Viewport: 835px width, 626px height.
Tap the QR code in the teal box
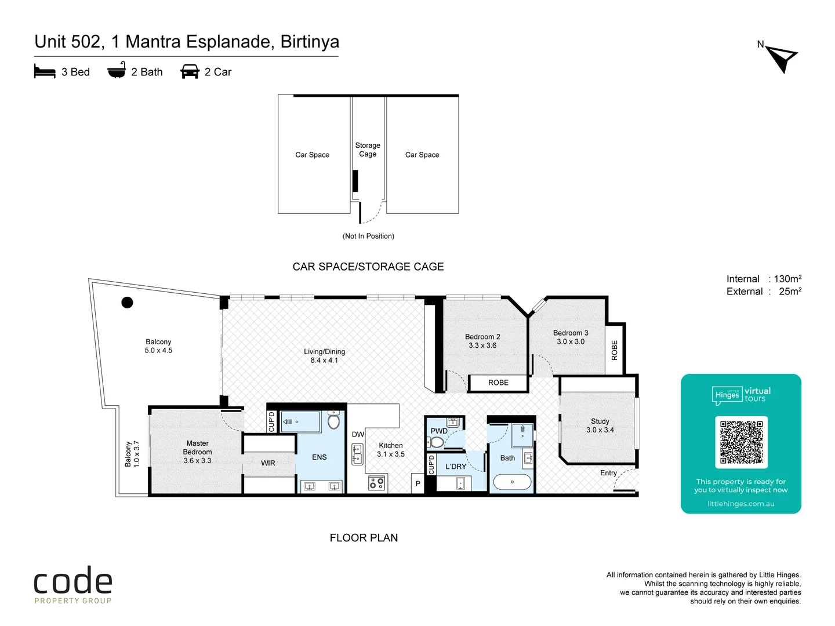click(x=741, y=442)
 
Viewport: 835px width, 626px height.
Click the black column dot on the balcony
click(x=127, y=302)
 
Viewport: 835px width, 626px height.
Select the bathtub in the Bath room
click(x=511, y=482)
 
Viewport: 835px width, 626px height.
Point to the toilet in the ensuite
click(x=333, y=421)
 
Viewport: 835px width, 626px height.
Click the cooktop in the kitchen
click(x=376, y=482)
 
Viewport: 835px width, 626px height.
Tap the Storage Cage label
click(x=368, y=150)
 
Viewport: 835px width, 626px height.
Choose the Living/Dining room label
click(x=324, y=356)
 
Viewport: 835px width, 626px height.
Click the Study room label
click(x=600, y=425)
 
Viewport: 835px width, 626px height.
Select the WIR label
click(x=268, y=463)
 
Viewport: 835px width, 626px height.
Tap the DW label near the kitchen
click(x=358, y=434)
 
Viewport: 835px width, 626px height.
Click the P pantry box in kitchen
click(x=418, y=483)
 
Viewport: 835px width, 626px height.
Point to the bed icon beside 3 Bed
click(x=45, y=72)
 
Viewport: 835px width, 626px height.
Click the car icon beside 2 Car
click(x=190, y=72)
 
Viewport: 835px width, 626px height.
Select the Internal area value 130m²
click(x=787, y=279)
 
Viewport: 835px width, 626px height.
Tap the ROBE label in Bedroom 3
click(x=615, y=350)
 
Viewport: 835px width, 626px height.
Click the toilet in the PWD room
click(x=437, y=443)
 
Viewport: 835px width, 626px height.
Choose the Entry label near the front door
click(x=608, y=473)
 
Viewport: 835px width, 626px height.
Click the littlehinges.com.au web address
click(x=740, y=504)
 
